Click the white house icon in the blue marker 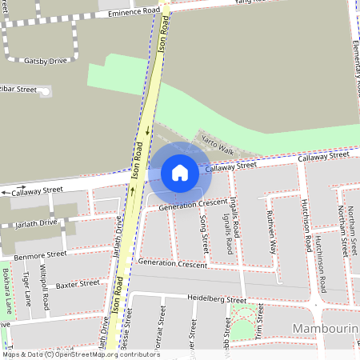tap(180, 172)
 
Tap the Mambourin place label tap(325, 330)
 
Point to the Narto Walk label tap(217, 144)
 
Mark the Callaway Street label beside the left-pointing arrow tap(36, 190)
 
